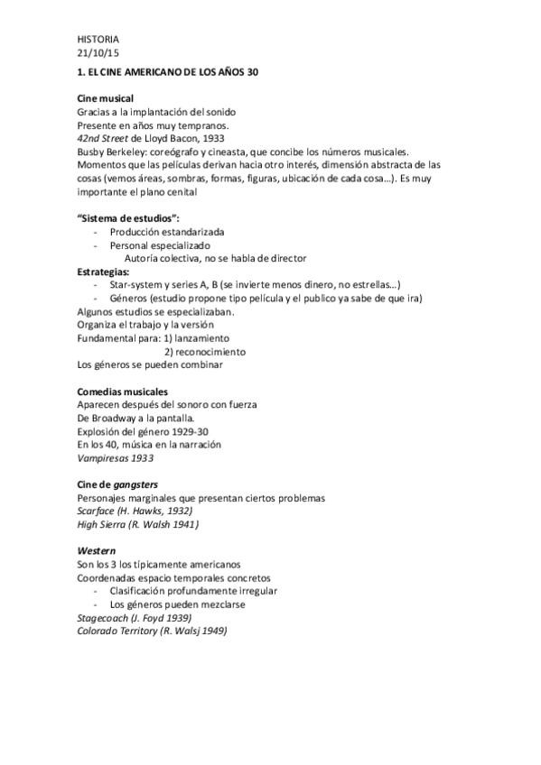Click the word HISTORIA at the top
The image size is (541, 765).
[98, 39]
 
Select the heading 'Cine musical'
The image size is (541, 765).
[106, 97]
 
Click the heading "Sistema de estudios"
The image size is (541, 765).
[127, 218]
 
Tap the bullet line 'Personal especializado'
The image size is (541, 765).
[160, 245]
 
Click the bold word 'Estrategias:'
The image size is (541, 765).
[104, 272]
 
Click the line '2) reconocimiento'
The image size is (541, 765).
[204, 352]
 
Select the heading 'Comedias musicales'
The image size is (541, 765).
[123, 392]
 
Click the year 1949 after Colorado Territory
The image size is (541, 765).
[212, 631]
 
